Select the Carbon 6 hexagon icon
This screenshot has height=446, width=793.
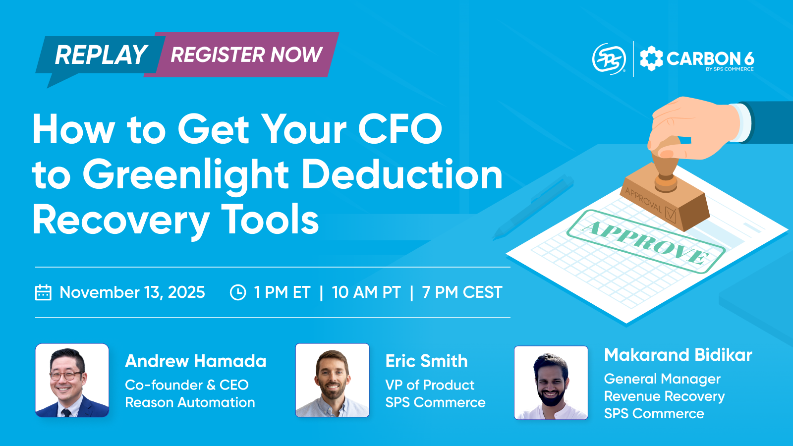click(x=651, y=58)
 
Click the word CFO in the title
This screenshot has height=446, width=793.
click(x=400, y=129)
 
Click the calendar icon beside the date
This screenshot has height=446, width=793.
click(x=43, y=292)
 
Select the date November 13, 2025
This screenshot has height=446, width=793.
click(x=132, y=292)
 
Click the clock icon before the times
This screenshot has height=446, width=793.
click(x=238, y=292)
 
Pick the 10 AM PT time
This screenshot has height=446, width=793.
click(x=366, y=292)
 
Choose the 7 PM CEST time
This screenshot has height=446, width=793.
click(x=462, y=292)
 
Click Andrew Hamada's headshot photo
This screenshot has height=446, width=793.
click(x=72, y=380)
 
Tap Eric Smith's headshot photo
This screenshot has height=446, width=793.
click(x=333, y=380)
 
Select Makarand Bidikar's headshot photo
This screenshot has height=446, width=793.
click(x=551, y=383)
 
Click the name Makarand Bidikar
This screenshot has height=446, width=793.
click(x=678, y=355)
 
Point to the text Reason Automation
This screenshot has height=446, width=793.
click(x=190, y=402)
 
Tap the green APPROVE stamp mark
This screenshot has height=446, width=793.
click(x=646, y=241)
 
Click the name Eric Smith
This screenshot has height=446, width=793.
click(x=426, y=361)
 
